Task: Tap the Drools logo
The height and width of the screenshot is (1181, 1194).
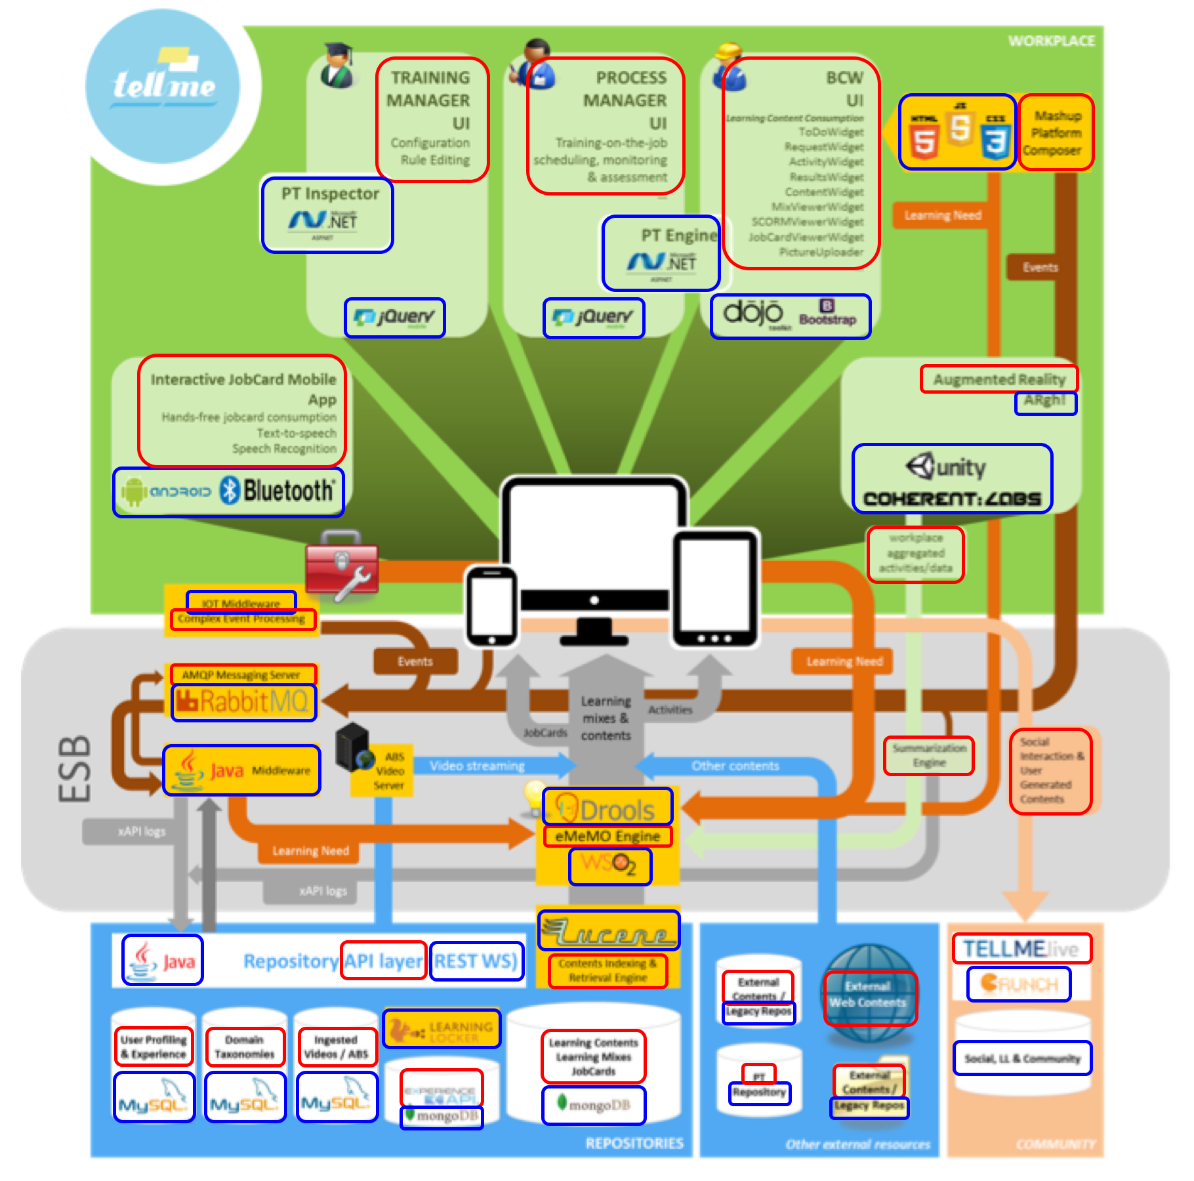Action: (x=607, y=808)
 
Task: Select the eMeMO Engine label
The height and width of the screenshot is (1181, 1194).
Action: (x=607, y=837)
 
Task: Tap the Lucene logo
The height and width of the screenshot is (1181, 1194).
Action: (x=608, y=930)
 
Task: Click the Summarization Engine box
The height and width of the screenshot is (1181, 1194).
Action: (x=928, y=756)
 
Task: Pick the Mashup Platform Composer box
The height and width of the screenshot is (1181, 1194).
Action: (x=1056, y=133)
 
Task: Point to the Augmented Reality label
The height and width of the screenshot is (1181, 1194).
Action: (x=998, y=379)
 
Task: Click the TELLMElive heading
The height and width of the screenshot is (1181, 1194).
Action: (x=1021, y=949)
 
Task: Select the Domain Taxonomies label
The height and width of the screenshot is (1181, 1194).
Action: (x=245, y=1046)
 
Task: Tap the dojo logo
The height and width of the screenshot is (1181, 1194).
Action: (x=753, y=314)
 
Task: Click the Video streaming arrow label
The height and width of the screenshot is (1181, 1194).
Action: (x=477, y=766)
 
